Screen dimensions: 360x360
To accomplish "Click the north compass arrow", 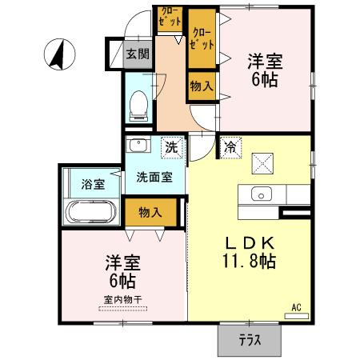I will pos(58,54).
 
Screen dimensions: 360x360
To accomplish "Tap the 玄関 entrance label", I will pos(138,54).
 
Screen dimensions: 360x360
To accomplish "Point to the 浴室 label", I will pos(92,184).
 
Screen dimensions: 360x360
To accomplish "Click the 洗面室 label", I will pos(154,177).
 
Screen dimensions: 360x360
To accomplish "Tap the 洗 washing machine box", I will pos(170,147).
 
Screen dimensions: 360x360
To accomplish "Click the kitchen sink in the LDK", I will pos(262,194).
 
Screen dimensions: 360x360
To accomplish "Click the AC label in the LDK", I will pos(295,307).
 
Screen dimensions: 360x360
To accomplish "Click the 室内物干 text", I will pos(122,300).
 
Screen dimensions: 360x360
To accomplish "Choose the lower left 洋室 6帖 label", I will pos(120,270).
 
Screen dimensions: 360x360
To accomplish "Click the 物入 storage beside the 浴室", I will pos(150,212).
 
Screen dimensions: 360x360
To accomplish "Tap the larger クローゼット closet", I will pos(202,39).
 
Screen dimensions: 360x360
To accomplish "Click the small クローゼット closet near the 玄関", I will pos(170,18).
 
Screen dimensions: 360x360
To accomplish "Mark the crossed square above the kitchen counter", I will pos(262,163).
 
